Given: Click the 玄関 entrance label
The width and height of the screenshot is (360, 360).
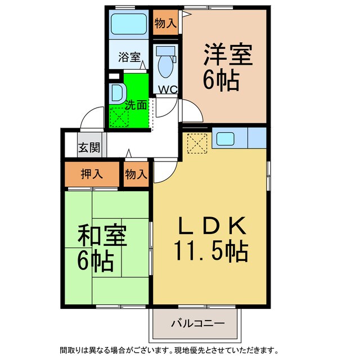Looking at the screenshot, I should click(x=89, y=148).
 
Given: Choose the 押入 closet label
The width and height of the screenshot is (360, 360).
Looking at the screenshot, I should click(x=92, y=174).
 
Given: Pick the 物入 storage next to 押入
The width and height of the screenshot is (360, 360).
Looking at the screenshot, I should click(x=136, y=174).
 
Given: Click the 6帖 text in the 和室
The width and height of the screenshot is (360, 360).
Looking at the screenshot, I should click(x=96, y=260).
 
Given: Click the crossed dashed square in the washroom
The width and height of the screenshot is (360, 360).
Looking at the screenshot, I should click(x=119, y=116).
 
